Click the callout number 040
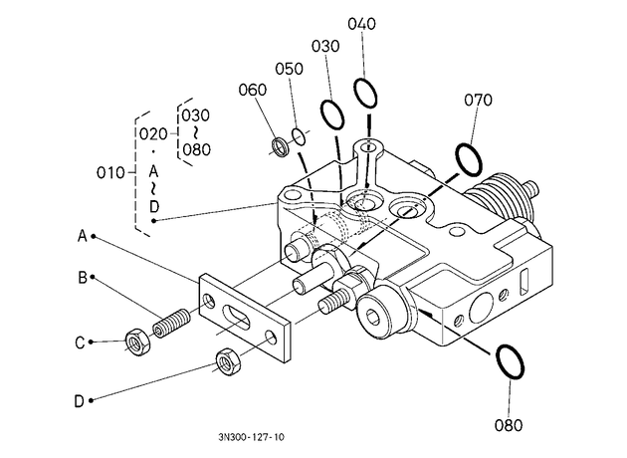tap(361, 24)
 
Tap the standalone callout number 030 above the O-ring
tap(325, 47)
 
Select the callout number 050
tap(289, 69)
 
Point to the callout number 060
tap(253, 90)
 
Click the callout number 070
tap(478, 100)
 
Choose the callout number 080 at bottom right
tap(509, 425)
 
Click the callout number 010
tap(110, 173)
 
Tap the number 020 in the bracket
tap(153, 134)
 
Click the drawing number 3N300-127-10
tap(251, 437)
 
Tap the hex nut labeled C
tap(137, 343)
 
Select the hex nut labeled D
tap(228, 361)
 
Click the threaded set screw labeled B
tap(171, 323)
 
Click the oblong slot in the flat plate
tap(236, 318)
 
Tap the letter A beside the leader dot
tap(82, 236)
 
